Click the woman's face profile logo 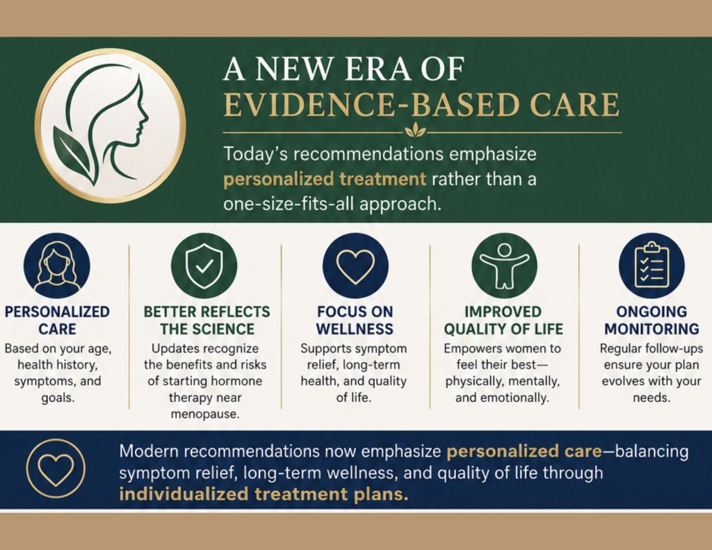(x=110, y=125)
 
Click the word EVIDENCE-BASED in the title (x=309, y=104)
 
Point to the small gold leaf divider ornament (x=416, y=130)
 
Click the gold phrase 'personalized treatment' (x=325, y=179)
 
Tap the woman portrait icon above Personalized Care (x=57, y=265)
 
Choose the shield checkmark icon (x=204, y=265)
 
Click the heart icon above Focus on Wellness (x=355, y=265)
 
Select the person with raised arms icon (x=504, y=266)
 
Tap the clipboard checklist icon (x=652, y=266)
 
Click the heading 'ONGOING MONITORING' (x=652, y=320)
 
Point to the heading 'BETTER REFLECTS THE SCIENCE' (x=207, y=320)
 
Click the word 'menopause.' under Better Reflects (x=205, y=414)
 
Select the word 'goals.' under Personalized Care (x=58, y=398)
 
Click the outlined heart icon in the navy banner (x=56, y=468)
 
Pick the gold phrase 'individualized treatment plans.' (x=264, y=494)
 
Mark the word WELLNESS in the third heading (x=355, y=329)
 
